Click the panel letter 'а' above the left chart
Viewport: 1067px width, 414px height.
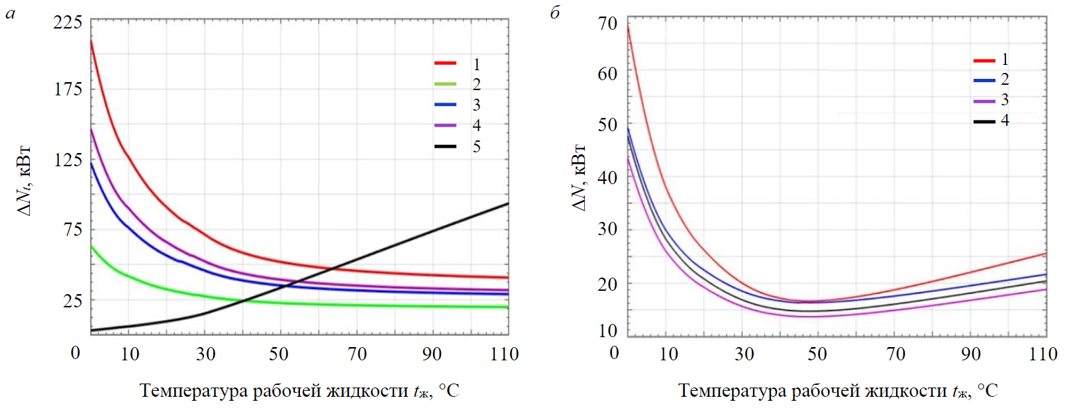point(10,13)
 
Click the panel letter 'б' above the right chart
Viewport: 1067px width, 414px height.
point(555,13)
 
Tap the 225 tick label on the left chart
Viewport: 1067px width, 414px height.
point(68,23)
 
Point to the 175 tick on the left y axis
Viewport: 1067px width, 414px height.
point(68,89)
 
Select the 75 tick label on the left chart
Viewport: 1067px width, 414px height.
point(72,230)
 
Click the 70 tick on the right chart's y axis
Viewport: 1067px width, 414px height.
point(607,24)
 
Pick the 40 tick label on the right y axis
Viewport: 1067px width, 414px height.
point(607,178)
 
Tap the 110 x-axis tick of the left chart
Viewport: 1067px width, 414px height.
point(504,354)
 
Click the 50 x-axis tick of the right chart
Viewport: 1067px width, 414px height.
point(817,354)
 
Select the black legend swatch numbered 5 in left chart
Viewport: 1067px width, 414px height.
point(445,146)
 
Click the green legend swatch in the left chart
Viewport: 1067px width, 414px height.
point(445,84)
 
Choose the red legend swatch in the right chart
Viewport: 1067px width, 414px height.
point(984,60)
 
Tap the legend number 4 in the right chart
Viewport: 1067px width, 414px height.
point(1005,121)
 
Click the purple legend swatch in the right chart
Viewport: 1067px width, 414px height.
point(984,101)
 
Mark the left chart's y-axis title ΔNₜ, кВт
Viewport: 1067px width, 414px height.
point(25,181)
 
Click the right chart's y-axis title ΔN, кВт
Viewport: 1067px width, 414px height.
point(578,177)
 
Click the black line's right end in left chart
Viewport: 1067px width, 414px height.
point(508,203)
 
